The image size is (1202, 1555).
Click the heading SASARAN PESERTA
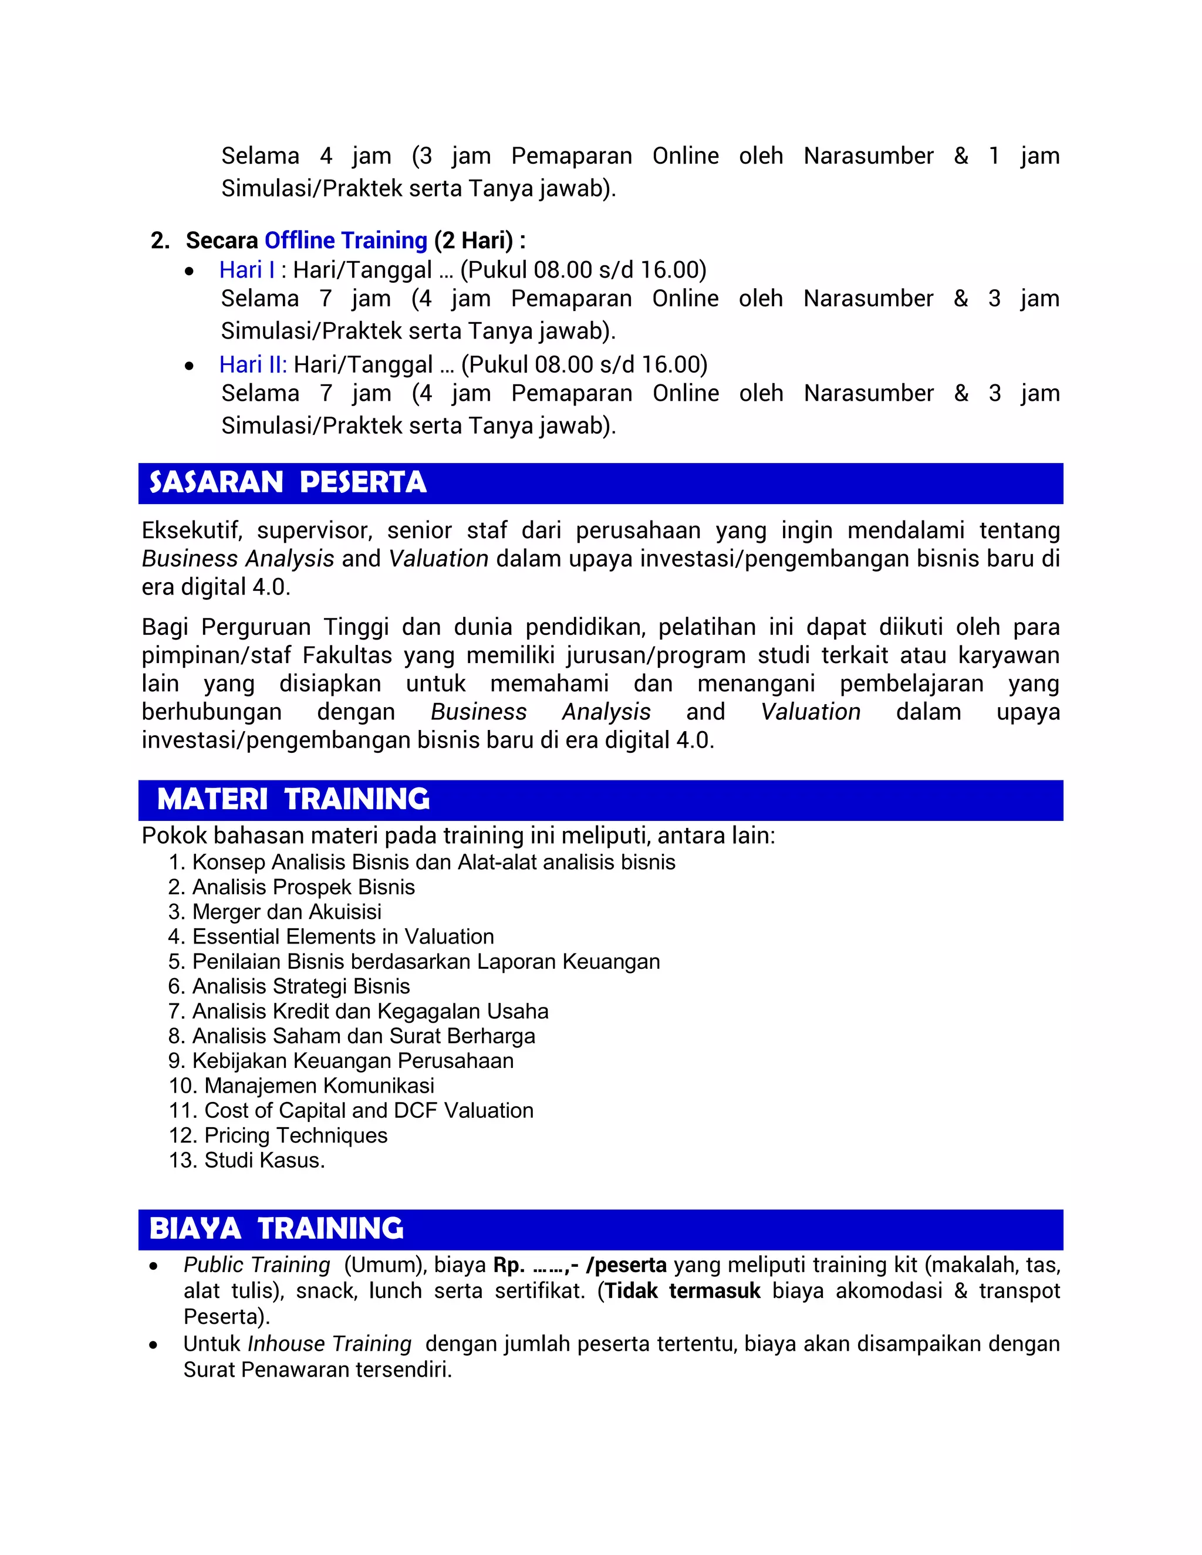click(288, 483)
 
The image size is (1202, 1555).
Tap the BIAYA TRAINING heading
click(276, 1228)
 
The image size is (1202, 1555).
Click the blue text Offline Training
click(345, 241)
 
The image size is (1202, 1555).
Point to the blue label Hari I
click(247, 270)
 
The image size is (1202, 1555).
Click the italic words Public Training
click(257, 1265)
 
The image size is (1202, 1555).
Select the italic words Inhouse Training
click(330, 1344)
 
